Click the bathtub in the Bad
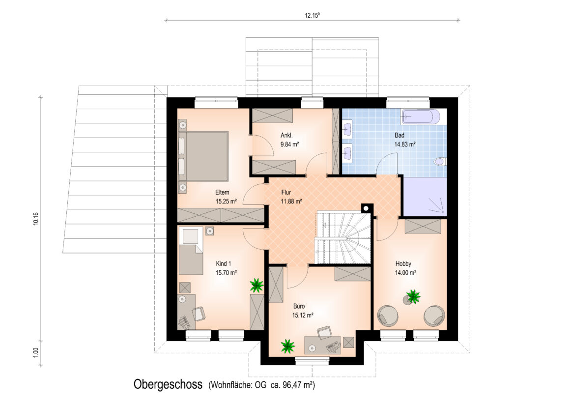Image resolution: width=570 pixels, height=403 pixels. click(x=420, y=117)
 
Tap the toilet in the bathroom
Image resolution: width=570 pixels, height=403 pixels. click(x=440, y=162)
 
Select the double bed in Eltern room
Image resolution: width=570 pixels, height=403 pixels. click(x=203, y=156)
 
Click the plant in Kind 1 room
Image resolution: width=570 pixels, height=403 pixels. click(x=256, y=285)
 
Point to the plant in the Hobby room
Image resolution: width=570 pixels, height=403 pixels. click(x=413, y=296)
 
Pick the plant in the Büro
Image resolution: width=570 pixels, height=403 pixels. click(x=288, y=346)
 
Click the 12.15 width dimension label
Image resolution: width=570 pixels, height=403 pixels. click(x=312, y=15)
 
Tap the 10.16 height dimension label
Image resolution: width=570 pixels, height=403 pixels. click(x=35, y=219)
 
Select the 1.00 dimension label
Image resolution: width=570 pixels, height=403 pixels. click(x=35, y=352)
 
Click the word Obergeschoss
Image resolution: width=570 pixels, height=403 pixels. click(x=168, y=384)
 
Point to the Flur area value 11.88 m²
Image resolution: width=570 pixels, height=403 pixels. click(x=291, y=201)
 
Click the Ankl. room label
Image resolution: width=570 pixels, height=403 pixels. click(x=286, y=135)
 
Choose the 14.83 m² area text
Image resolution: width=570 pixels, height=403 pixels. click(x=405, y=144)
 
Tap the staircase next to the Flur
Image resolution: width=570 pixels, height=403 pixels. click(x=343, y=238)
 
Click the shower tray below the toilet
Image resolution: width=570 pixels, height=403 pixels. click(x=425, y=197)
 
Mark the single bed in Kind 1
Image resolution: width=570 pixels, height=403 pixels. click(x=191, y=251)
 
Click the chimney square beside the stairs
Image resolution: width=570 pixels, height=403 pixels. click(x=367, y=208)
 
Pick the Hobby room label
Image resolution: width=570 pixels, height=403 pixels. click(x=403, y=264)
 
